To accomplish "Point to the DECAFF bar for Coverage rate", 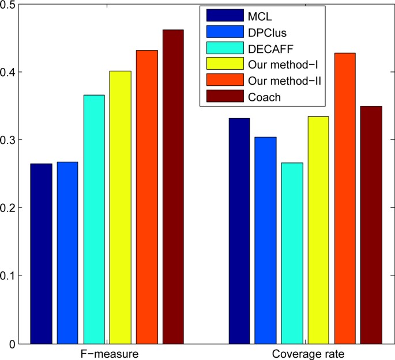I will coord(292,253).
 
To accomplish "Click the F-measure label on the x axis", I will coord(107,352).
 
